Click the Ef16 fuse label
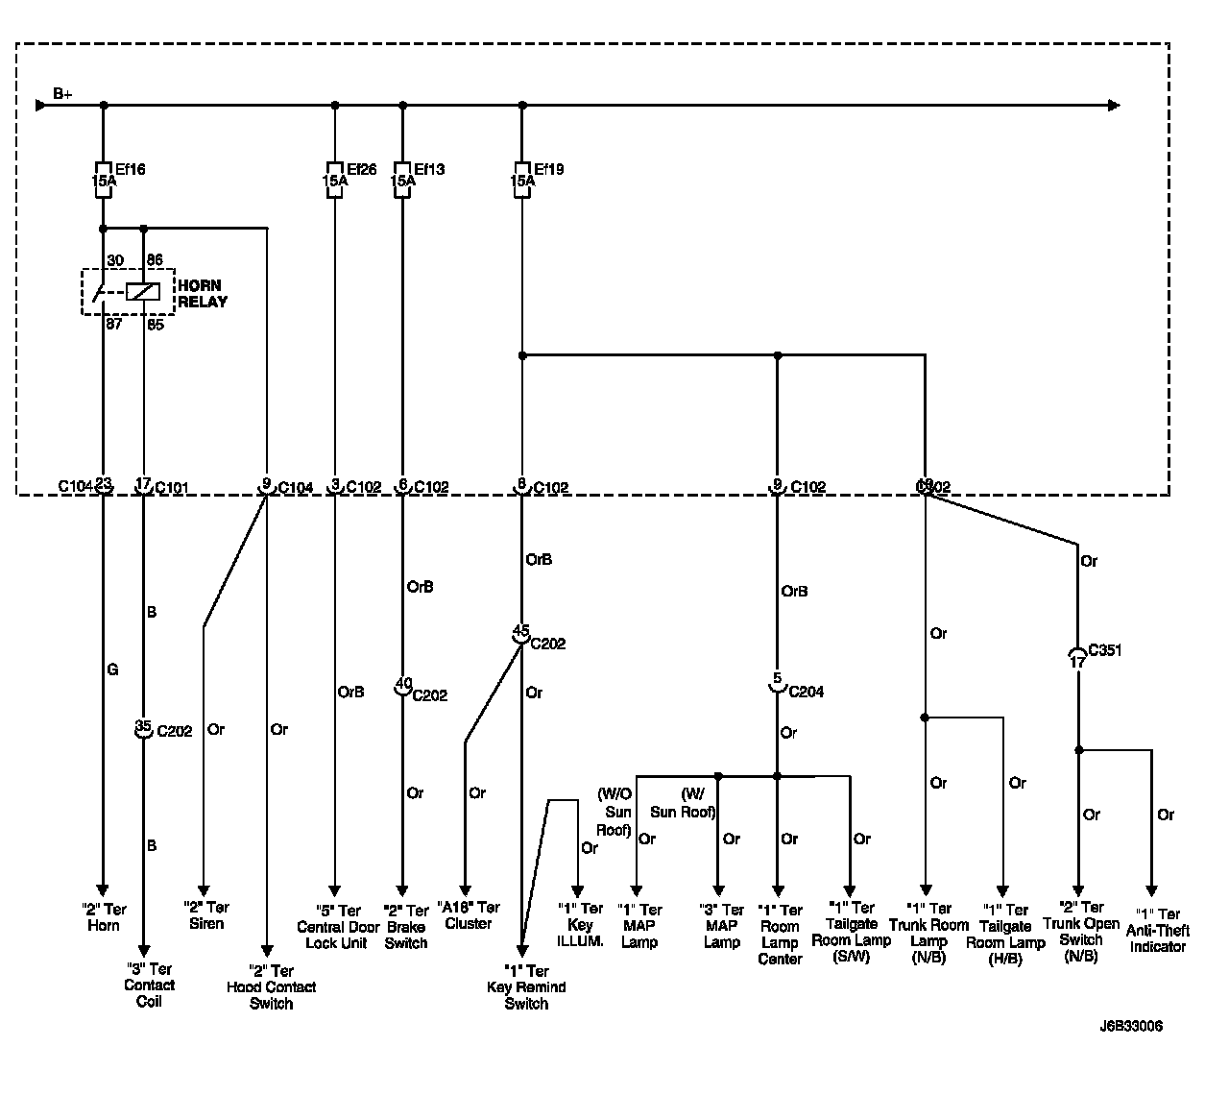pyautogui.click(x=131, y=170)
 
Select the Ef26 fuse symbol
pyautogui.click(x=334, y=180)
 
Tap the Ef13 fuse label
pyautogui.click(x=430, y=170)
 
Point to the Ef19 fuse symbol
pyautogui.click(x=521, y=180)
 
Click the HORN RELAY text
pyautogui.click(x=202, y=293)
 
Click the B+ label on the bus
pyautogui.click(x=63, y=93)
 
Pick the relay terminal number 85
pyautogui.click(x=156, y=325)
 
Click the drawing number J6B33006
pyautogui.click(x=1131, y=1026)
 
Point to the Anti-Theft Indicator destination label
pyautogui.click(x=1159, y=930)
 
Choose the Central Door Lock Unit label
pyautogui.click(x=337, y=927)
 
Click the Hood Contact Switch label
pyautogui.click(x=272, y=987)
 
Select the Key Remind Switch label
pyautogui.click(x=526, y=987)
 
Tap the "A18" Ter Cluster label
pyautogui.click(x=469, y=914)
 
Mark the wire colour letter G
pyautogui.click(x=112, y=669)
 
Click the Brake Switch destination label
pyautogui.click(x=406, y=927)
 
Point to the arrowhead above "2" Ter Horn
pyautogui.click(x=103, y=889)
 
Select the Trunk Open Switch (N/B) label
pyautogui.click(x=1082, y=932)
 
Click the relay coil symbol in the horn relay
pyautogui.click(x=142, y=291)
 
